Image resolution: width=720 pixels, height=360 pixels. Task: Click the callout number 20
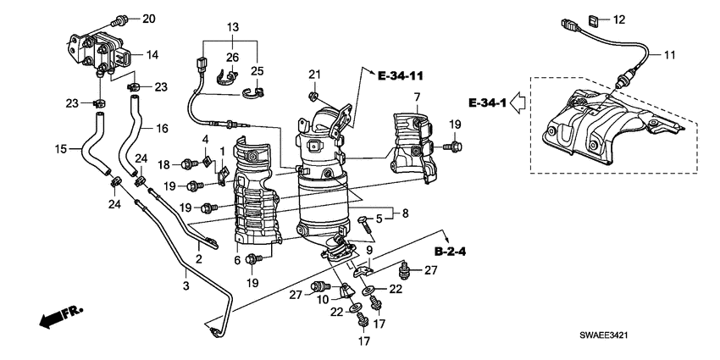149,19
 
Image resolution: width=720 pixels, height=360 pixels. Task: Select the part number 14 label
152,55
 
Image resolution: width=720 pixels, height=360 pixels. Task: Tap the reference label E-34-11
401,76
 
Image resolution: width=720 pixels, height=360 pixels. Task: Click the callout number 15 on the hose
61,150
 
